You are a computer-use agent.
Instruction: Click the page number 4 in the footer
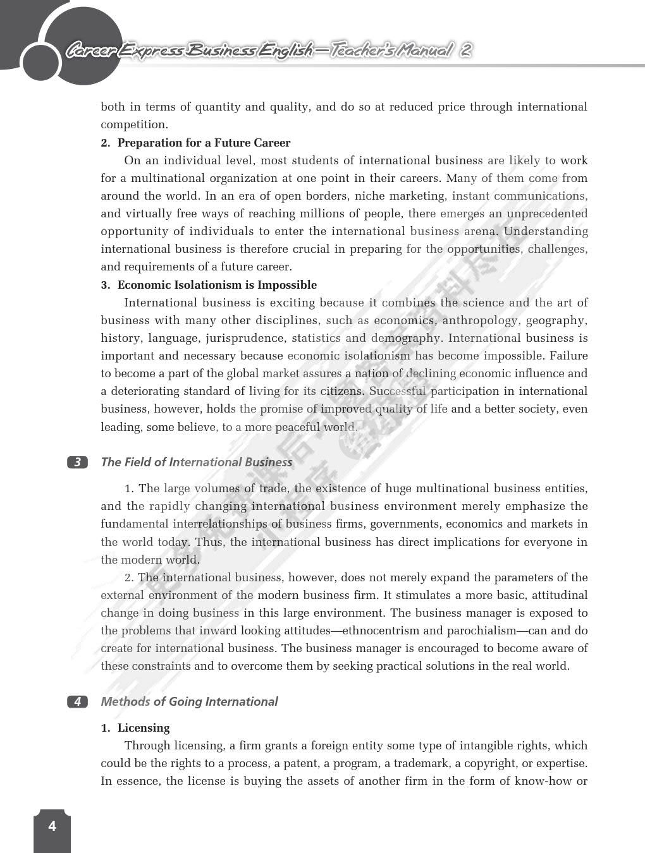pos(52,826)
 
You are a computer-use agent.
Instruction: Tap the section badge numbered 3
pos(77,463)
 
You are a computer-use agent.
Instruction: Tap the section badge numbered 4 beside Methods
pos(77,702)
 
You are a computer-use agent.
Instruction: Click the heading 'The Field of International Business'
pos(196,463)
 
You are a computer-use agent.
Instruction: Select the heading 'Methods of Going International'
pos(189,702)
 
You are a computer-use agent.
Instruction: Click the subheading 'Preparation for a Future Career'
pos(204,143)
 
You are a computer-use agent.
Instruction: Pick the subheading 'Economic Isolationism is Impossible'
pos(217,285)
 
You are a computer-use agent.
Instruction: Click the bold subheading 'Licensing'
pos(144,728)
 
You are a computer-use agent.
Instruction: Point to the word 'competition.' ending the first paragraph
pos(134,124)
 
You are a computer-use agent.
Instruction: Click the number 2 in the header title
pos(465,50)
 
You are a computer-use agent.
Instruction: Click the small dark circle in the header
pos(40,63)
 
